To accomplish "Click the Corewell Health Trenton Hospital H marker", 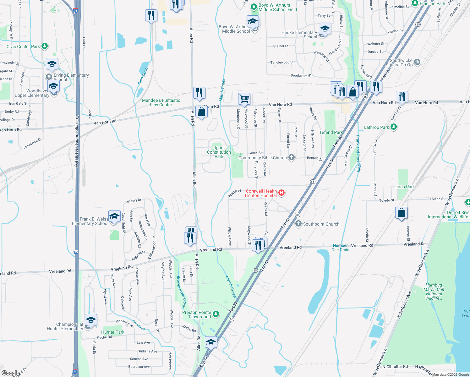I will click(281, 193).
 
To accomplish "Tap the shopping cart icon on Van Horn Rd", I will click(244, 99).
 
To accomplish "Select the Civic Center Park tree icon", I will click(45, 46).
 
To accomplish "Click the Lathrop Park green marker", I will click(394, 127).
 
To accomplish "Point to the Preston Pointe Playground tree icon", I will click(216, 314).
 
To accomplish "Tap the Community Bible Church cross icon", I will click(292, 157).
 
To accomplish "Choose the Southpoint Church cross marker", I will click(298, 224).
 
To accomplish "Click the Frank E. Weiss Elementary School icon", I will click(114, 216).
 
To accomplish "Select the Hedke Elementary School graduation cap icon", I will click(325, 29).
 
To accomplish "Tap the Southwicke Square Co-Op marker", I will click(417, 62).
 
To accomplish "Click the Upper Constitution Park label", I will click(219, 152).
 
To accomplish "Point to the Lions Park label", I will click(404, 187).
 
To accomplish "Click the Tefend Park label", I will click(331, 132).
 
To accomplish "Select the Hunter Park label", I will click(113, 332).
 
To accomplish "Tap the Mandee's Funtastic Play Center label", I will click(161, 102).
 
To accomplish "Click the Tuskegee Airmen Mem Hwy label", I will click(77, 141).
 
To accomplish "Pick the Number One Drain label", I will click(340, 248).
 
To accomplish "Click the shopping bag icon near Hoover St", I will click(402, 213).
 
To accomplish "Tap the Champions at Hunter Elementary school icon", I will click(91, 320).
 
